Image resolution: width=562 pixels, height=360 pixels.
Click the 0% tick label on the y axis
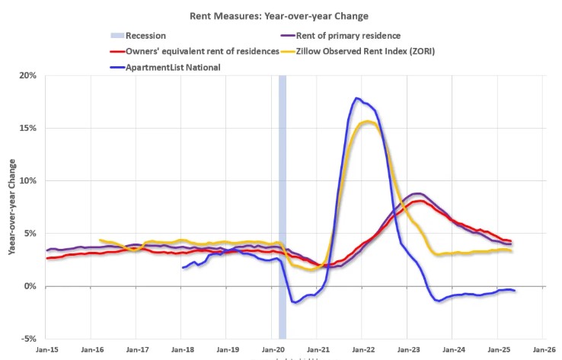(28, 286)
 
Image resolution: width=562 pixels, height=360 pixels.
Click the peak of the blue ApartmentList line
(356, 98)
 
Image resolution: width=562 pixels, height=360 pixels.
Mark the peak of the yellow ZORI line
(369, 121)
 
